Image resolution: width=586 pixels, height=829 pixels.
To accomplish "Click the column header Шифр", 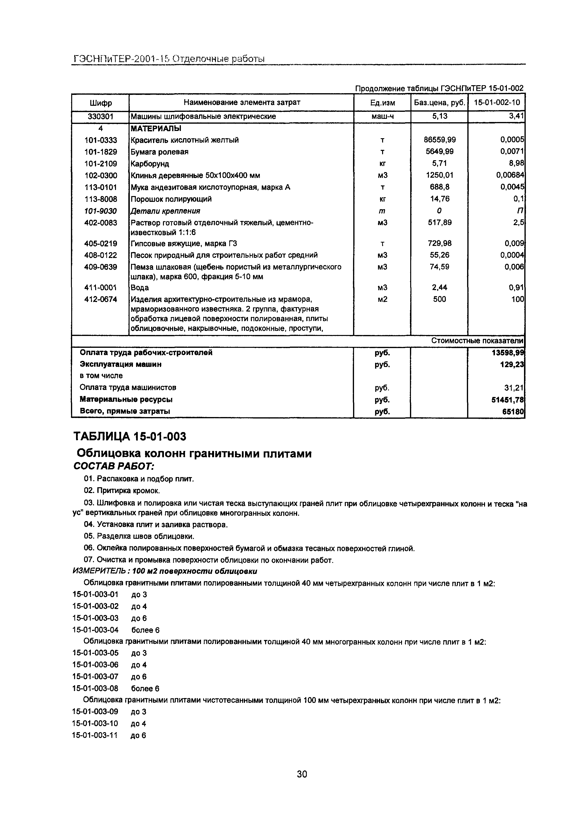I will [100, 103].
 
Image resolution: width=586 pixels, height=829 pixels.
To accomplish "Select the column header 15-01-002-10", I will [497, 103].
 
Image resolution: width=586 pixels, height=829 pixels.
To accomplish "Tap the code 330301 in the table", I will [100, 117].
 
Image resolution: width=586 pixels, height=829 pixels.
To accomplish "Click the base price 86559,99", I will [439, 140].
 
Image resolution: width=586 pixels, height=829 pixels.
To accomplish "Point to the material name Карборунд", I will [150, 164].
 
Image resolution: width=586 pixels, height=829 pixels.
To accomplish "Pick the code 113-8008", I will [100, 199].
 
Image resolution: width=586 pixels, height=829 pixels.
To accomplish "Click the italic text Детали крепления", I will [165, 211].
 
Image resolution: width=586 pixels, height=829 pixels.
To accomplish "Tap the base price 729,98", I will [439, 243].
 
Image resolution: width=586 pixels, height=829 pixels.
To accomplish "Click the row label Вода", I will [139, 288].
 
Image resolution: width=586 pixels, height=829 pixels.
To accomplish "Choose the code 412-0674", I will [100, 299].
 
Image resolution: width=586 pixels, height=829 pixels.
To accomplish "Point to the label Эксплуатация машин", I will [120, 364].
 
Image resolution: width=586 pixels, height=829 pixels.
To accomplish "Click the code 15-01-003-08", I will [95, 689].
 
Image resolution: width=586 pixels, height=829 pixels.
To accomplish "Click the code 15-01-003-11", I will [95, 736].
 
